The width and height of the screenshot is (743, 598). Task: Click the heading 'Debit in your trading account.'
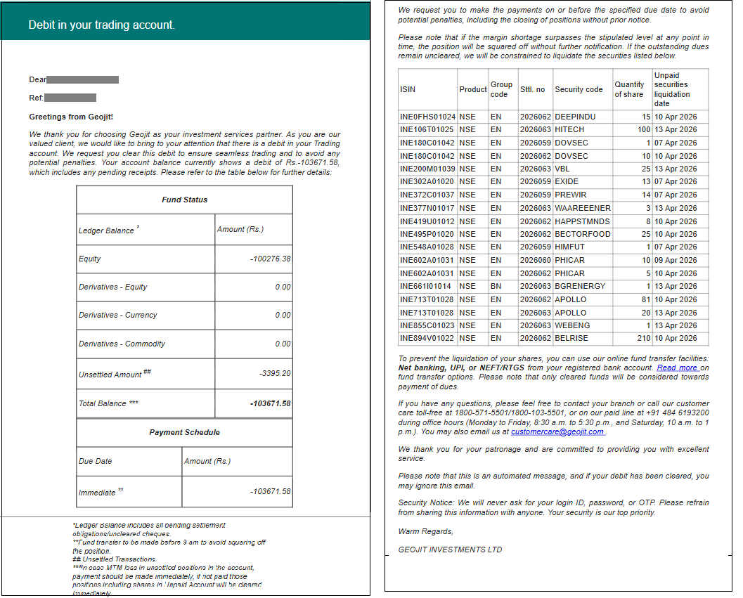[101, 25]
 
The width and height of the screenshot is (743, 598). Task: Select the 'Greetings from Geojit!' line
[71, 117]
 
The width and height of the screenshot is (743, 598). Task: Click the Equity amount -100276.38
[270, 259]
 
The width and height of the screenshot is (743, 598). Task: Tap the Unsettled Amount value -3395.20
[275, 373]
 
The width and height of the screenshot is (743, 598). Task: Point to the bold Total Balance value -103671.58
[270, 403]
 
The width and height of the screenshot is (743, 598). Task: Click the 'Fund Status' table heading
[184, 200]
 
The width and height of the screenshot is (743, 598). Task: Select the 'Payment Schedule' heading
[184, 432]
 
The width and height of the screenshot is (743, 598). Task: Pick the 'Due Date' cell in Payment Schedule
[95, 461]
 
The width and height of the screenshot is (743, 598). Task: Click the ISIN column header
[408, 89]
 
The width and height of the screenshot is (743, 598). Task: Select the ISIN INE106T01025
[427, 129]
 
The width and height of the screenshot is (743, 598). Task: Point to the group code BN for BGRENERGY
[496, 286]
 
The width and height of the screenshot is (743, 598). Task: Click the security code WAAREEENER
[583, 208]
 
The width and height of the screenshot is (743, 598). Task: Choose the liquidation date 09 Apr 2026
[676, 260]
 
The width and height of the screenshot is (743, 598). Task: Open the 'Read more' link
[677, 368]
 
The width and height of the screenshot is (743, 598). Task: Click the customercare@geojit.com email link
[557, 431]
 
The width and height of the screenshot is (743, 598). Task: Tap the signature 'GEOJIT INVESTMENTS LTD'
[450, 550]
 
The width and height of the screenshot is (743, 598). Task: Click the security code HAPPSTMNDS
[582, 221]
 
